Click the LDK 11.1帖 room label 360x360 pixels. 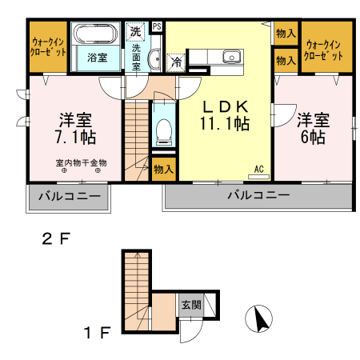pyautogui.click(x=225, y=114)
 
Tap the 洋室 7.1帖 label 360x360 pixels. pyautogui.click(x=74, y=129)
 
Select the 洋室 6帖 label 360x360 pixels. pyautogui.click(x=313, y=129)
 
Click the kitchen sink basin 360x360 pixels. pyautogui.click(x=233, y=57)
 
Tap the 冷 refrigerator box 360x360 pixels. pyautogui.click(x=175, y=60)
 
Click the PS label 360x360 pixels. pyautogui.click(x=156, y=26)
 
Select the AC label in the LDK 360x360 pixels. pyautogui.click(x=259, y=168)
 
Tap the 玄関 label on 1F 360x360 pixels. pyautogui.click(x=190, y=305)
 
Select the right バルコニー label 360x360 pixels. pyautogui.click(x=258, y=195)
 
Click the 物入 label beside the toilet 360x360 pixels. pyautogui.click(x=163, y=169)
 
